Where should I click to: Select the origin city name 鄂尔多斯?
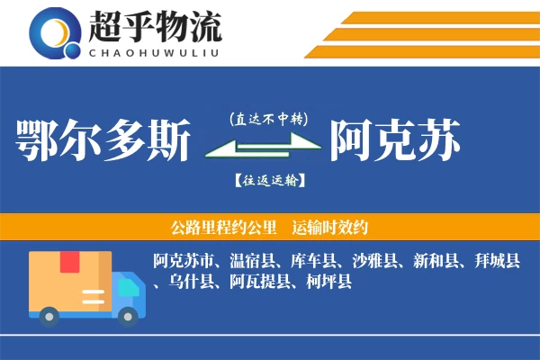click(104, 140)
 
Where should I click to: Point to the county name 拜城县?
click(499, 262)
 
